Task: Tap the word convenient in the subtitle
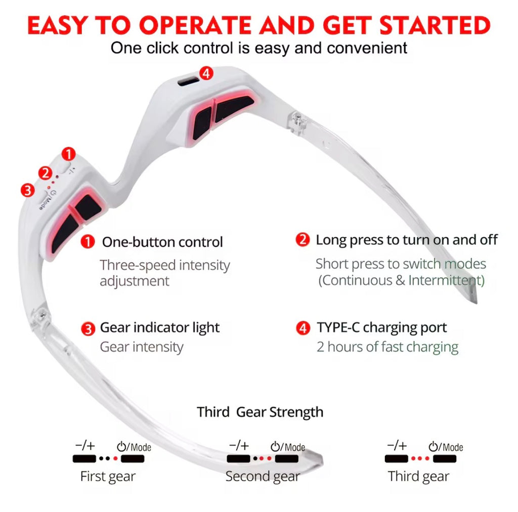(x=367, y=48)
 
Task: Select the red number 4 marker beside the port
(x=206, y=73)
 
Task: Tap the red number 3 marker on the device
(x=27, y=190)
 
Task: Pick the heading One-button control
(x=162, y=242)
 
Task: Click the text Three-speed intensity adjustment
(x=164, y=273)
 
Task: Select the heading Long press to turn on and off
(x=407, y=240)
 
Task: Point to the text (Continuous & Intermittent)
(x=401, y=280)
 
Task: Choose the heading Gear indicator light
(x=159, y=328)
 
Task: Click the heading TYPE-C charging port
(x=382, y=328)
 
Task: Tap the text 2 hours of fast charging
(x=387, y=348)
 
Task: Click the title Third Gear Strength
(x=260, y=412)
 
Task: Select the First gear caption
(x=108, y=477)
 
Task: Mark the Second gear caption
(x=262, y=477)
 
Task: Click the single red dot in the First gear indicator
(x=115, y=459)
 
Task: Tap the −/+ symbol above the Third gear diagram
(x=397, y=446)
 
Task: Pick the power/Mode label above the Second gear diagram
(x=288, y=447)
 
